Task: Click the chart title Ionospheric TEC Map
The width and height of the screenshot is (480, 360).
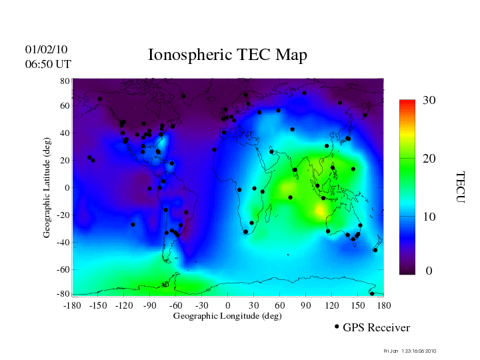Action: pos(227,55)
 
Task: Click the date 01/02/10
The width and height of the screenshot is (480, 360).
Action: pos(46,49)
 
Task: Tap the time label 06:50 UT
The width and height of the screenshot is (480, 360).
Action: pos(47,64)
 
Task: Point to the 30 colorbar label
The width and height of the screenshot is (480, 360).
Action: pos(429,101)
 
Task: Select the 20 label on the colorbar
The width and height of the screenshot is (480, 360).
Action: pos(429,160)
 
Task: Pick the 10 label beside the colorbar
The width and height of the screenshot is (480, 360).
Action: pos(429,217)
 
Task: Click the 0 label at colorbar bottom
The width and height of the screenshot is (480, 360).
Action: pos(429,271)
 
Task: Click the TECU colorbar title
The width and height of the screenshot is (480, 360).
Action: pos(459,187)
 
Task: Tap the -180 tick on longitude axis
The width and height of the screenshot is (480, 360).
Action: pos(71,305)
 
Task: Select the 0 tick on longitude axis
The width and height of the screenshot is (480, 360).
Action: pos(228,305)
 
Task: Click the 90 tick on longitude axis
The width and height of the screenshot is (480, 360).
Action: pos(306,305)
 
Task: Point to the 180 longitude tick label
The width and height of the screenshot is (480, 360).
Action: pos(383,305)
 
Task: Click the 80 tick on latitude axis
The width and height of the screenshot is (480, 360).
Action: pos(65,81)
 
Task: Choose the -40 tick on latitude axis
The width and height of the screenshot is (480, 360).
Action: pos(63,242)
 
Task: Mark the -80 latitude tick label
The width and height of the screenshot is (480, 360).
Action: pos(63,293)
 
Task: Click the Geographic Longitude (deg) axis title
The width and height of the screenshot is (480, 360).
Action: pos(227,316)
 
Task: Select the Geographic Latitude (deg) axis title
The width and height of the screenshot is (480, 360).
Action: pos(47,187)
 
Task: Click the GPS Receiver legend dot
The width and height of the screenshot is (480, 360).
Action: pos(337,327)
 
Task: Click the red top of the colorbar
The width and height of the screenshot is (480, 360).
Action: pos(407,103)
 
